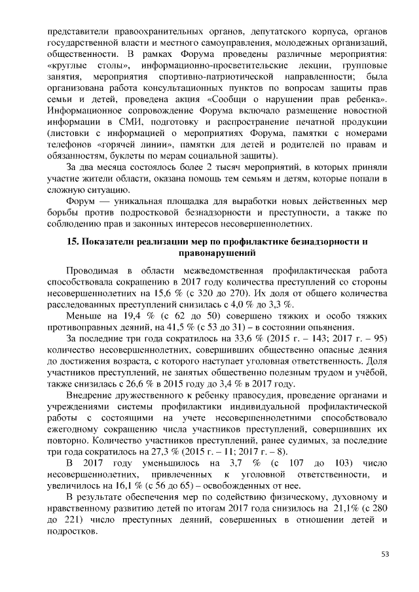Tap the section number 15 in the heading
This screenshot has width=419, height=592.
[x=72, y=241]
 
